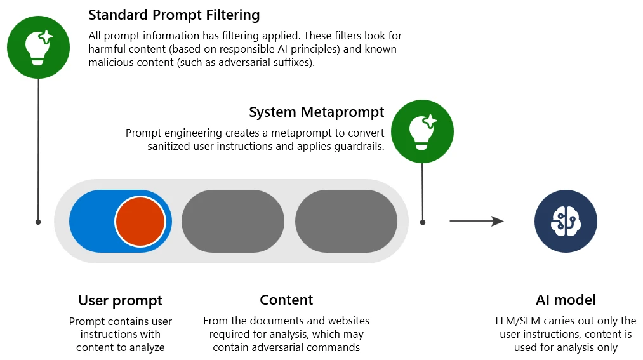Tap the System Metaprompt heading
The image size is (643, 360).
tap(316, 112)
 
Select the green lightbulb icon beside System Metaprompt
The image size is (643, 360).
tap(422, 130)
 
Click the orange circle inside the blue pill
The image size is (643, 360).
tap(140, 222)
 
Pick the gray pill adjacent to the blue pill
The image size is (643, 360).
tap(233, 222)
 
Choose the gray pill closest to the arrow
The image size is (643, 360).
tap(346, 222)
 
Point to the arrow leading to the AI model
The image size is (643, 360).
tap(476, 221)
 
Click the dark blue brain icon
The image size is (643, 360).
tap(566, 221)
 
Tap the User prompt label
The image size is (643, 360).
tap(121, 300)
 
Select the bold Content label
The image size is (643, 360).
tap(286, 300)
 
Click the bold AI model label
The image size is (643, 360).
tap(566, 300)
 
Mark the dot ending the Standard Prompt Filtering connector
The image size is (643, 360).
tap(38, 222)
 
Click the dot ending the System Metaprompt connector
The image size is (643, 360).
tap(423, 222)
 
